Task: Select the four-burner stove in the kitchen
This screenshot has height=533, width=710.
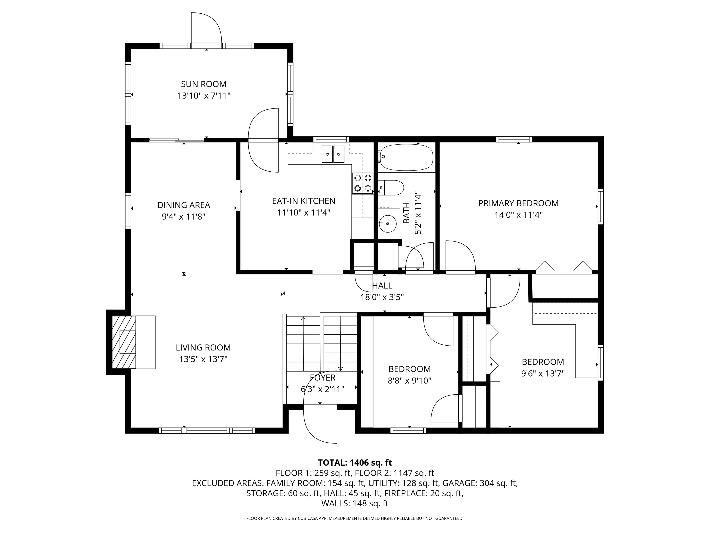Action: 363,183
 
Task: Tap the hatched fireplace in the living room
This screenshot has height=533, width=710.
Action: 124,342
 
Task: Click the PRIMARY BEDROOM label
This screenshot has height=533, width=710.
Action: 518,203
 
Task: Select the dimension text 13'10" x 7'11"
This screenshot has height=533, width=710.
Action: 204,96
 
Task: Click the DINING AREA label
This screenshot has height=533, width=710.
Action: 184,205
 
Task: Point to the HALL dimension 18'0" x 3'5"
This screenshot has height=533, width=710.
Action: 382,297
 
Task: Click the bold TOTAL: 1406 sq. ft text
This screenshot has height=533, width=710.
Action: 355,463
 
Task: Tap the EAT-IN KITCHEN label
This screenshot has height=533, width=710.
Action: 304,201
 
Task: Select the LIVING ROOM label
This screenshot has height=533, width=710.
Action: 203,348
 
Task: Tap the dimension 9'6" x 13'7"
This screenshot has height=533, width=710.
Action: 543,374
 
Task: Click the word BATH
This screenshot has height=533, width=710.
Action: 406,213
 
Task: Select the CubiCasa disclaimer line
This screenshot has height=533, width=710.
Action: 355,518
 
